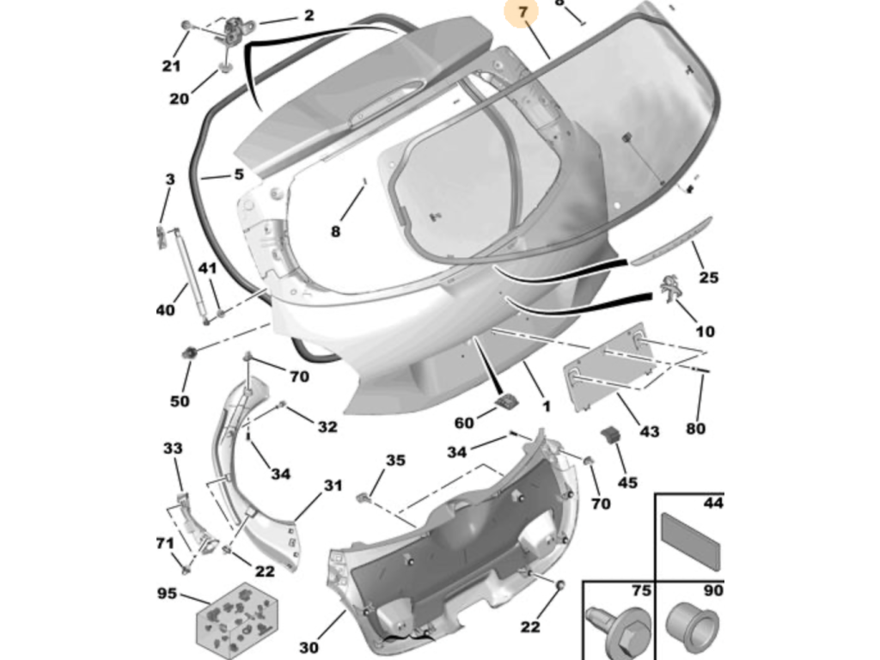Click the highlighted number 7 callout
click(x=523, y=11)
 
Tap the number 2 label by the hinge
click(x=309, y=15)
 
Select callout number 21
click(x=172, y=65)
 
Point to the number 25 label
click(x=709, y=278)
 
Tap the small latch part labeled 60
click(x=507, y=401)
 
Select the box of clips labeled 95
click(x=236, y=620)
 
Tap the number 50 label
click(x=180, y=401)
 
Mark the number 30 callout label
click(x=309, y=648)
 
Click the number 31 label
click(x=333, y=485)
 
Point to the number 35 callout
click(x=395, y=461)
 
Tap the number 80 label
click(x=695, y=428)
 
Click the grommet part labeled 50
click(x=190, y=353)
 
